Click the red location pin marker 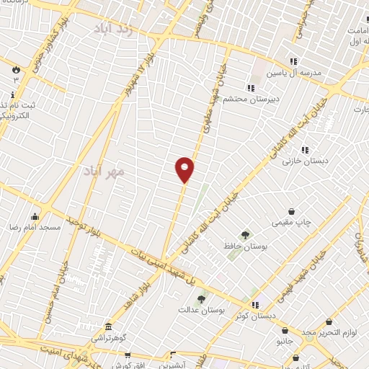pos(185,169)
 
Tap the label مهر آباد pos(105,171)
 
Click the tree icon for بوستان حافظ pos(245,235)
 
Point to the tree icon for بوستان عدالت pos(201,298)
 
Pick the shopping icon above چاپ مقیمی pos(291,211)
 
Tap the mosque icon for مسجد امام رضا pos(34,216)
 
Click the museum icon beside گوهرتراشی pos(108,327)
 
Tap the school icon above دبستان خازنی pos(305,150)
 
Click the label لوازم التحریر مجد pos(329,331)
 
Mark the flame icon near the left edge pos(14,69)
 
